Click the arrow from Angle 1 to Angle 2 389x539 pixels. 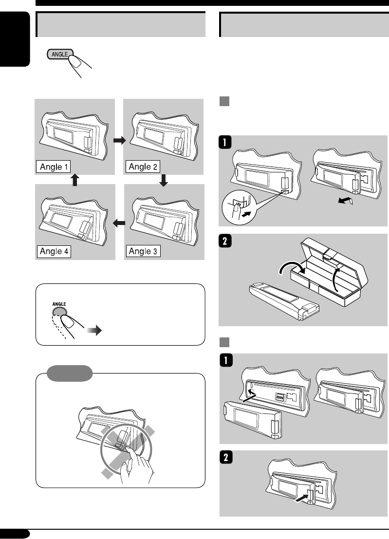[x=119, y=140]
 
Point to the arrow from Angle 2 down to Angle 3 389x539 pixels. [x=164, y=181]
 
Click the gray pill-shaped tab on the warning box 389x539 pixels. [x=70, y=373]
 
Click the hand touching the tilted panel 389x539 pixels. [x=139, y=457]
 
